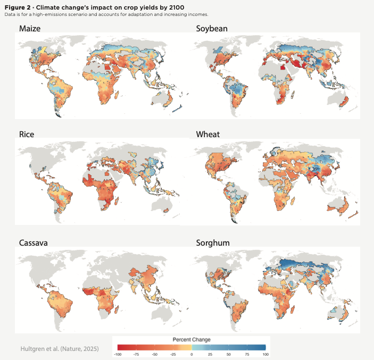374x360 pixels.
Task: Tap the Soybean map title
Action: coord(212,28)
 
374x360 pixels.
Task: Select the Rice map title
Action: coord(26,134)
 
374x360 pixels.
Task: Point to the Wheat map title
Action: coord(209,134)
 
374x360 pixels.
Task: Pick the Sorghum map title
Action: coord(213,243)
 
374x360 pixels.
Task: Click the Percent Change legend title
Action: coord(192,339)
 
